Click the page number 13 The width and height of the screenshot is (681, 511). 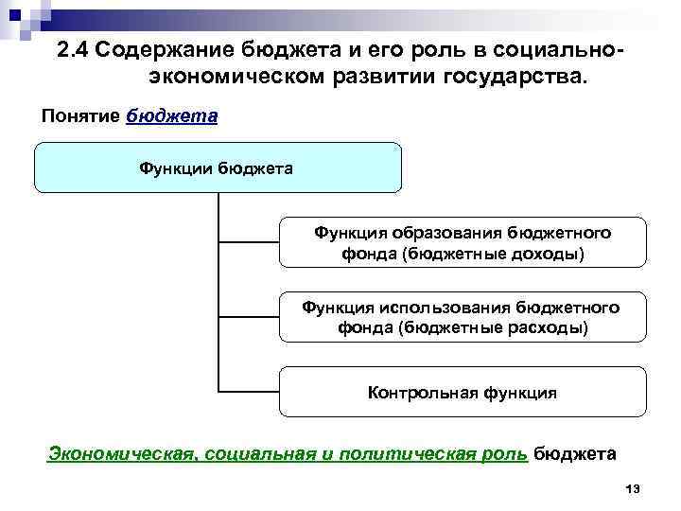click(x=633, y=487)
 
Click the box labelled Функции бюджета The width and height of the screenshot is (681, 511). click(x=218, y=167)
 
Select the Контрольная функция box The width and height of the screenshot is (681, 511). click(x=462, y=392)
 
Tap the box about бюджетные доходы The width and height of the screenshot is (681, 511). click(x=462, y=243)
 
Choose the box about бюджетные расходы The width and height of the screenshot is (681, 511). click(x=462, y=318)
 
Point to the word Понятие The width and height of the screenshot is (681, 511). click(x=80, y=116)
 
